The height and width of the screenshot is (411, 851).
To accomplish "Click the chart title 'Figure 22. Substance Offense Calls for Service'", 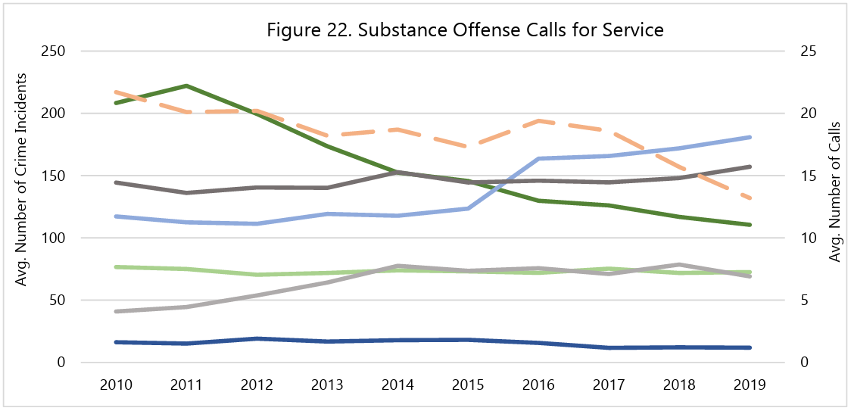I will click(x=465, y=30).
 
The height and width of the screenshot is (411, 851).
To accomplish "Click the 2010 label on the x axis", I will click(x=116, y=384).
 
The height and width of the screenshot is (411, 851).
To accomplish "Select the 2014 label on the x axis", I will click(x=397, y=384).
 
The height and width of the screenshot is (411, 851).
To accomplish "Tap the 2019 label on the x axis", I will click(x=750, y=384).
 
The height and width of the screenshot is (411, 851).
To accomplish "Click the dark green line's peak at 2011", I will click(x=186, y=86).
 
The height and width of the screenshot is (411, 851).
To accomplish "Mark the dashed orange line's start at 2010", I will click(x=116, y=92).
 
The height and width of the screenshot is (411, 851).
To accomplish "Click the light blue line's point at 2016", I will click(x=538, y=158).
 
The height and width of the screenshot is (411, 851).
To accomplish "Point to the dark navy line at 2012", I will click(x=257, y=338).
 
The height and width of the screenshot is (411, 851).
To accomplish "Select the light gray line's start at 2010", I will click(x=116, y=311).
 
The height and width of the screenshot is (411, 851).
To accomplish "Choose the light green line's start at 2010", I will click(x=116, y=267).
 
